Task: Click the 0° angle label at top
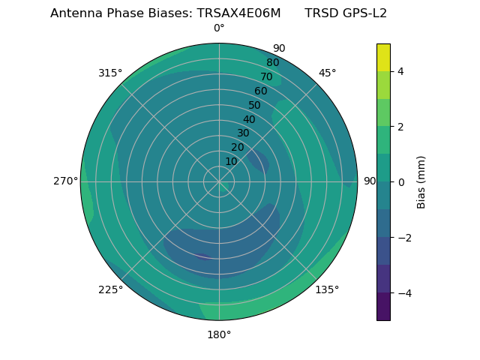219,28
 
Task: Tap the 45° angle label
327,73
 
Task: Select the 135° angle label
327,289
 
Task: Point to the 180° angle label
219,334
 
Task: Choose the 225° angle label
110,289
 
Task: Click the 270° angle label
66,181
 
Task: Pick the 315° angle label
110,73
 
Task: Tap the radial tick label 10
231,161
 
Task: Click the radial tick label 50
255,105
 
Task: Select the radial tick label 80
273,62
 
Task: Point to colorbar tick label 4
401,71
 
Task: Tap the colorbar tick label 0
401,182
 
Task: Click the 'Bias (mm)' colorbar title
421,182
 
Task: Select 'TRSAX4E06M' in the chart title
239,13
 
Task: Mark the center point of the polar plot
219,181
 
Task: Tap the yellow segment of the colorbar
383,57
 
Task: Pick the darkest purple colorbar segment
383,307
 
